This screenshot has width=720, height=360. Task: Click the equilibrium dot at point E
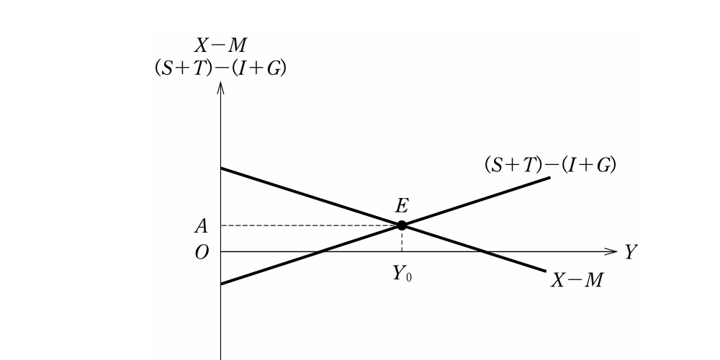[402, 225]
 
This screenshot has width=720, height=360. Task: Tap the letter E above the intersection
[402, 206]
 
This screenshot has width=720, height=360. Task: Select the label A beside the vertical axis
[201, 226]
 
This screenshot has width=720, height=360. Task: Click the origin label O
[202, 252]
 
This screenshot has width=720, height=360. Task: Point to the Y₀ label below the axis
[402, 274]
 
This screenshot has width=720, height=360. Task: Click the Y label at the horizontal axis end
[631, 252]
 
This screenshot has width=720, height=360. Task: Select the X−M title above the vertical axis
[220, 45]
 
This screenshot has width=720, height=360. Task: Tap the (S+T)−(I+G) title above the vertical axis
[221, 68]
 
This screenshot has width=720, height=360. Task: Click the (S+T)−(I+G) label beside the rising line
[550, 165]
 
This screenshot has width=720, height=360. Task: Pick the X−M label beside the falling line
[577, 279]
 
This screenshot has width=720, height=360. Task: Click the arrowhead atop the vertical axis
[221, 87]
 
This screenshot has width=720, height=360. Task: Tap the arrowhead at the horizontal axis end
[611, 251]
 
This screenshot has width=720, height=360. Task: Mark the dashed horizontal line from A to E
[311, 225]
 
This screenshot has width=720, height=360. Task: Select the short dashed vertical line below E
[402, 239]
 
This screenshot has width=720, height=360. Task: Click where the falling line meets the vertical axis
[221, 168]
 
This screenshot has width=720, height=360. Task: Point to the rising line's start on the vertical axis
[221, 284]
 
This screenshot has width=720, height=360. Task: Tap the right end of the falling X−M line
[546, 271]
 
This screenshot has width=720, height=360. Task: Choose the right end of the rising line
[550, 177]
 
